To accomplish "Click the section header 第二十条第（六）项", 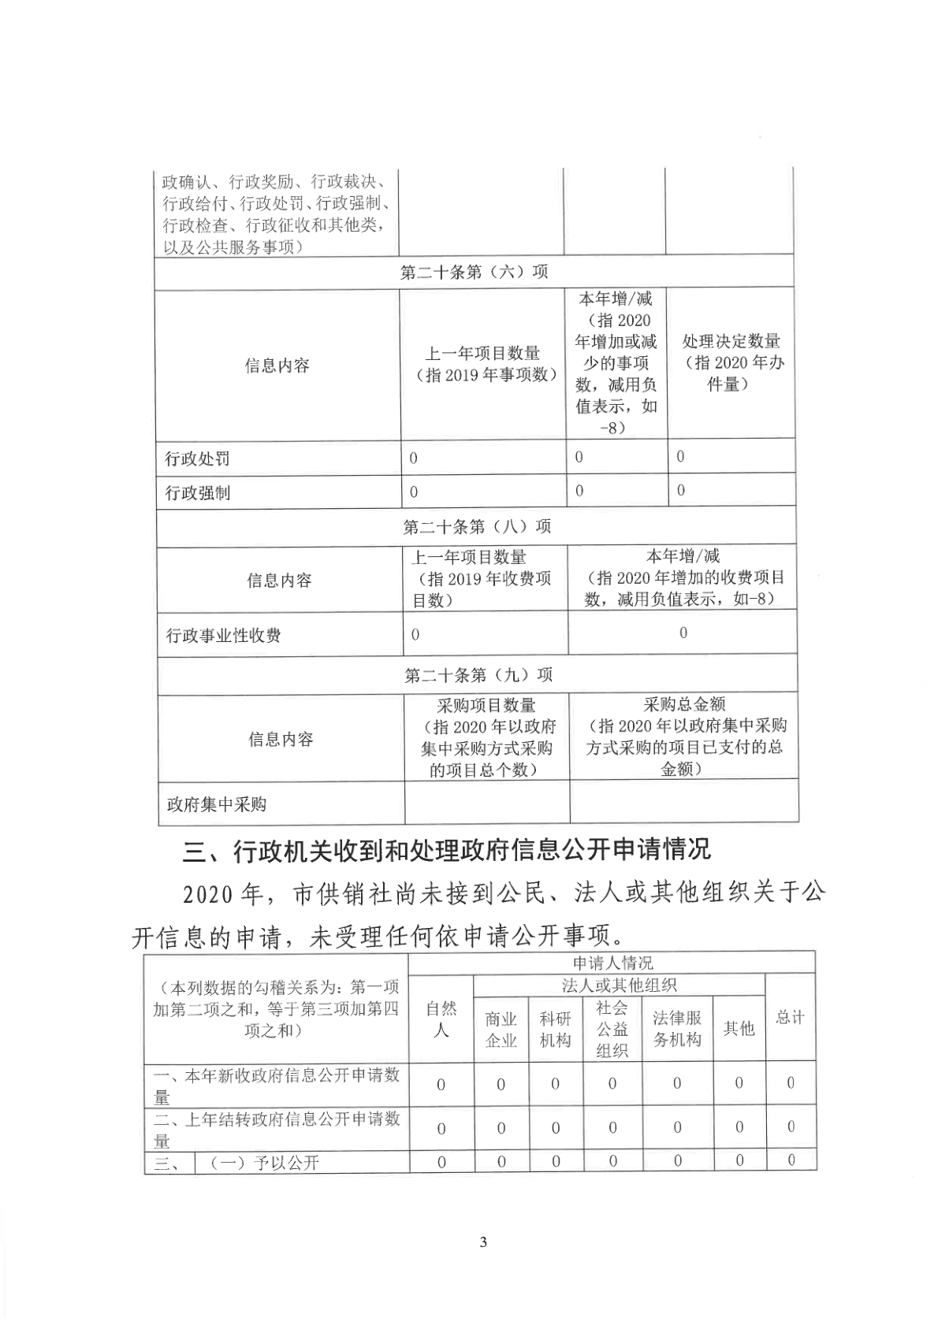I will click(474, 272).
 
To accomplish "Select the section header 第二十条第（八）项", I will click(476, 526).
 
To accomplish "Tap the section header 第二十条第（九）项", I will click(478, 675).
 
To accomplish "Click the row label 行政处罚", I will click(197, 458).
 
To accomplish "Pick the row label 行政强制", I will click(197, 493).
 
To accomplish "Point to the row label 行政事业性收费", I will click(223, 635).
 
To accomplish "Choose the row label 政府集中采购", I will click(216, 804).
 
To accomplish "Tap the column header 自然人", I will click(441, 1019).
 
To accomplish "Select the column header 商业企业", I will click(501, 1030).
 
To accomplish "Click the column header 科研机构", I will click(555, 1030).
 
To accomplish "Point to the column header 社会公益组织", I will click(612, 1029).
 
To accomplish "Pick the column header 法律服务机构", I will click(677, 1029).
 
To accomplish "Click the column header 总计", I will click(790, 1017).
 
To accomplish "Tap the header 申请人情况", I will click(612, 963).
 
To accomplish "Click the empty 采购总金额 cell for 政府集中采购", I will click(683, 803).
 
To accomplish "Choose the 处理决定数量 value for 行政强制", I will click(681, 491).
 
